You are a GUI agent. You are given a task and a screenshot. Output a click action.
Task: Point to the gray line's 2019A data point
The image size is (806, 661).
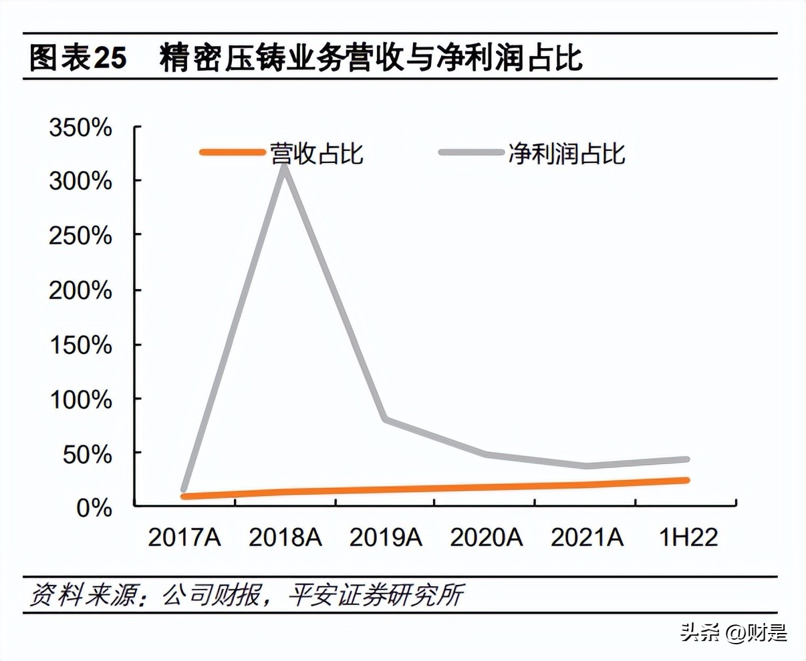tap(386, 419)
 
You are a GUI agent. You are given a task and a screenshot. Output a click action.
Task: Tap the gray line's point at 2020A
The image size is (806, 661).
tap(486, 455)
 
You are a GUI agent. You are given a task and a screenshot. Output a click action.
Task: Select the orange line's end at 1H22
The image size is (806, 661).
tap(686, 480)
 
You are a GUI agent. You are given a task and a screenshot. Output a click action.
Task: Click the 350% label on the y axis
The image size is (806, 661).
tap(80, 127)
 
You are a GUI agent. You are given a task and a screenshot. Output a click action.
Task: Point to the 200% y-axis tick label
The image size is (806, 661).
tap(80, 290)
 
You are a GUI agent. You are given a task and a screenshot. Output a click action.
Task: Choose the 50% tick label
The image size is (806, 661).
tap(87, 454)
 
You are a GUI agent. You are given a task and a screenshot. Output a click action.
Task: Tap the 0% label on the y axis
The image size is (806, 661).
tap(94, 508)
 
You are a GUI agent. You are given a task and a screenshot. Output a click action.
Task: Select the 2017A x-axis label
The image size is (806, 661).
tap(184, 537)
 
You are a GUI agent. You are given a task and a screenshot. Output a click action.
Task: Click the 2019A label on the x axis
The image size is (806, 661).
tap(386, 537)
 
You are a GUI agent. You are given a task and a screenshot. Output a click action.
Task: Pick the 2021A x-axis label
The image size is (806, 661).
tap(587, 537)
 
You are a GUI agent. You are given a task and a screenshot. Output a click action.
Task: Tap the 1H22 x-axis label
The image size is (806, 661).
tap(688, 537)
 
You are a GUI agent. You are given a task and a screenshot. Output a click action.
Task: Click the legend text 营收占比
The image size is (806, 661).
tap(316, 153)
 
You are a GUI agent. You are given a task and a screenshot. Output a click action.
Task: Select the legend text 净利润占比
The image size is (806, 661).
tap(566, 153)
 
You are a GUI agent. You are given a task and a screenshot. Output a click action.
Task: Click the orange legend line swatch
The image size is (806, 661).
tap(233, 153)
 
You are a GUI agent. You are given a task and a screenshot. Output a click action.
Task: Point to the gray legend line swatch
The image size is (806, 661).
tap(471, 153)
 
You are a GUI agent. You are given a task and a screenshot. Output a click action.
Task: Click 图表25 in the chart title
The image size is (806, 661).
tap(78, 58)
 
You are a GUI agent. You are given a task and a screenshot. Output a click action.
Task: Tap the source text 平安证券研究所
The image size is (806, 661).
tap(376, 595)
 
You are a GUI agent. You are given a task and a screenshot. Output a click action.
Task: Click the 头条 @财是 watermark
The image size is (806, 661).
tap(734, 632)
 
